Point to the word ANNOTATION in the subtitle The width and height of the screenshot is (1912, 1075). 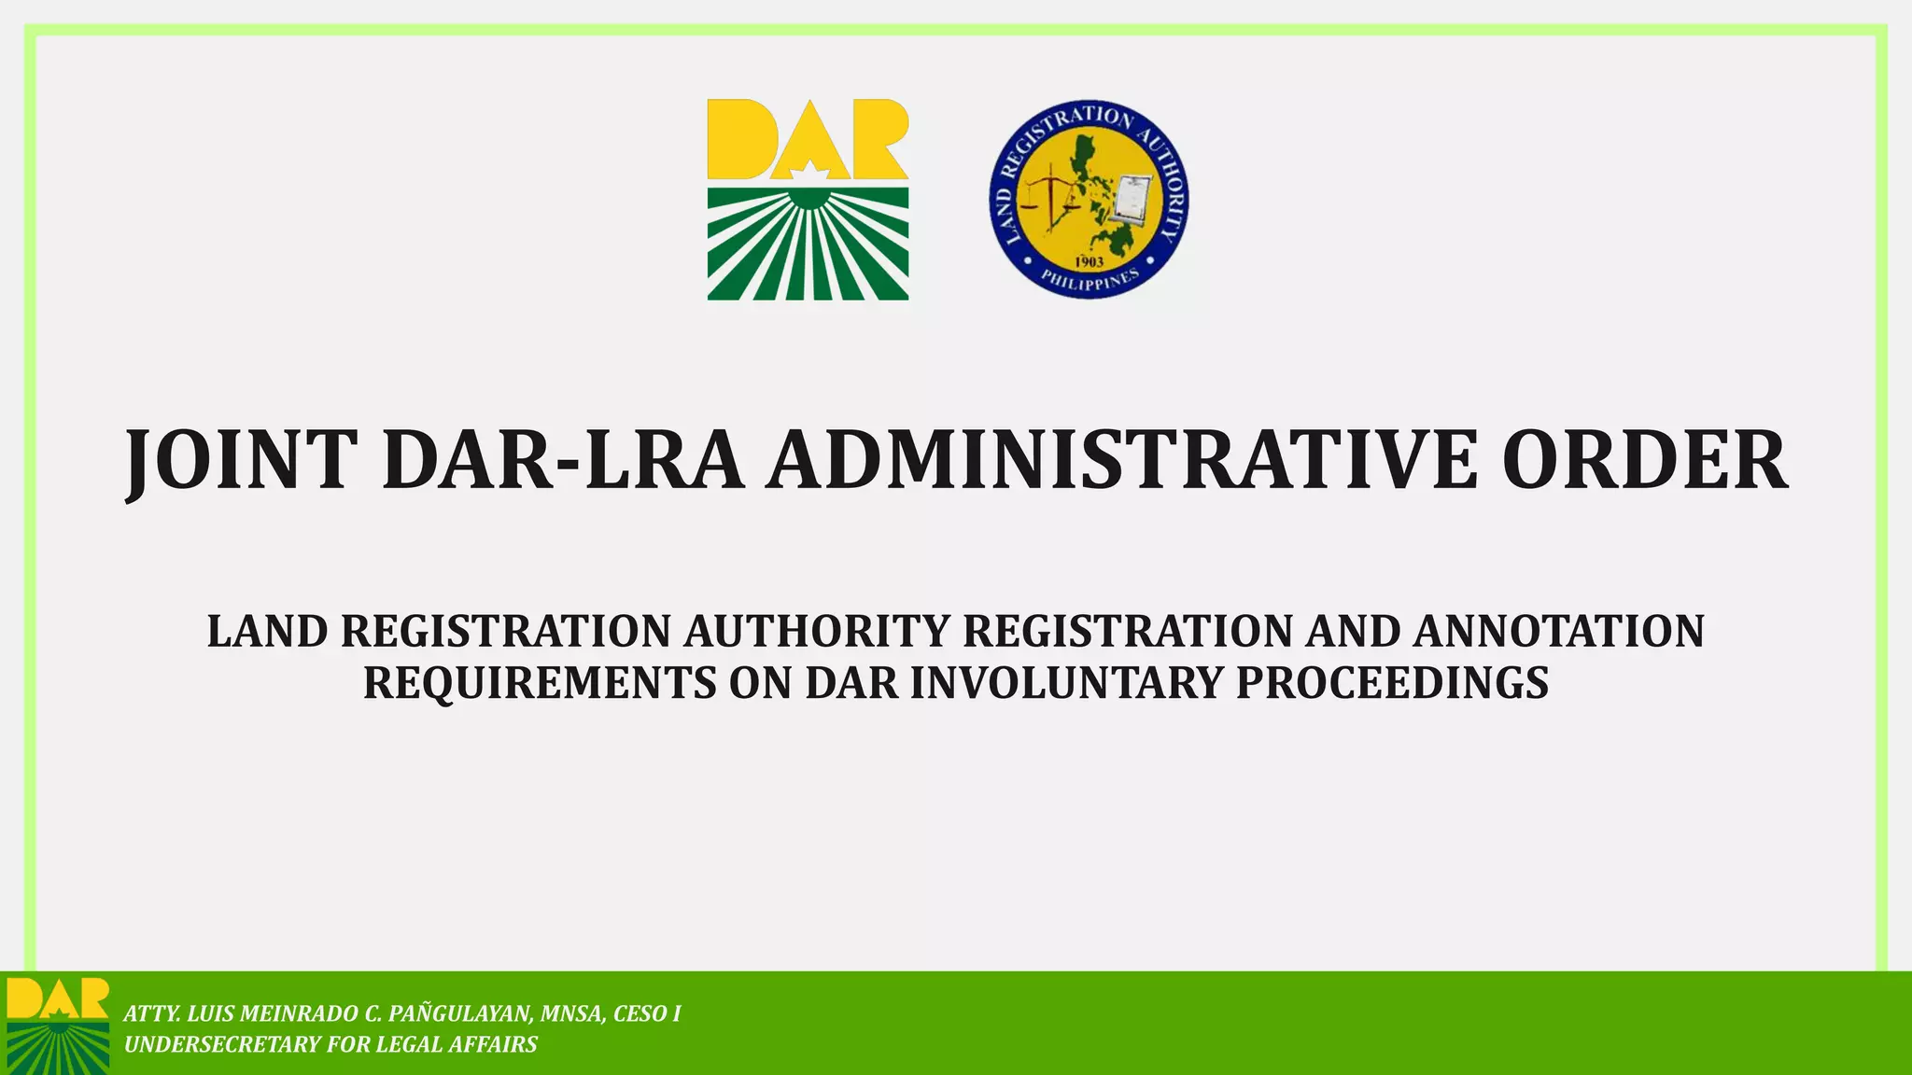pos(1558,632)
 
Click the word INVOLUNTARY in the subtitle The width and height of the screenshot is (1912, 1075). pos(1065,683)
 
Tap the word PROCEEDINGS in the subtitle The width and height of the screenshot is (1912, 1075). pos(1392,683)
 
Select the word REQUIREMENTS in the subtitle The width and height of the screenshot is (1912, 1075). pos(540,683)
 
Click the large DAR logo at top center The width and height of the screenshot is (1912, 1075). pos(808,200)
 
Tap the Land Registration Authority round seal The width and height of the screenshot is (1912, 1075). pos(1089,200)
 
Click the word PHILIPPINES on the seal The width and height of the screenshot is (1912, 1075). pos(1090,279)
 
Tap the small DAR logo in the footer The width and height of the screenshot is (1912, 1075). pos(57,1025)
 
